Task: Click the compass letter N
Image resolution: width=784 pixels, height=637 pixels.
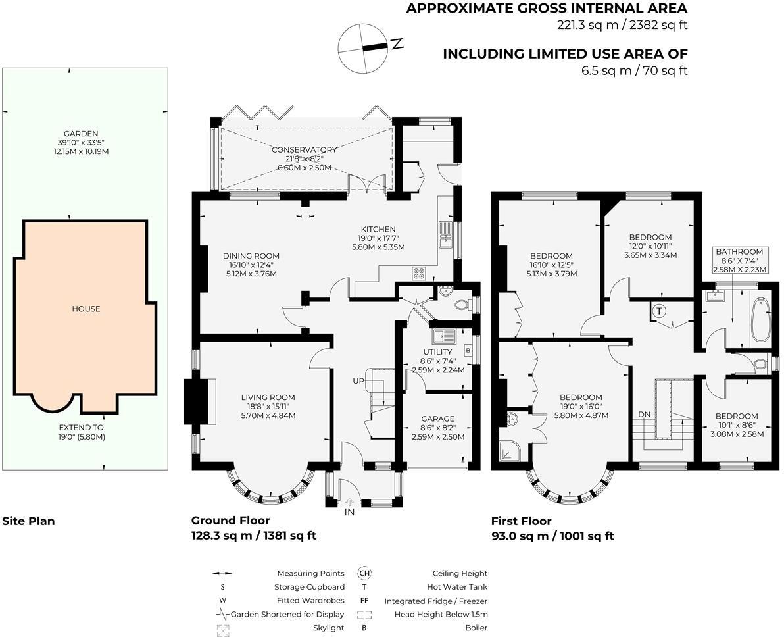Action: [397, 43]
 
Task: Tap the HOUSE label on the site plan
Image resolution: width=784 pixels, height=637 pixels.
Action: [86, 309]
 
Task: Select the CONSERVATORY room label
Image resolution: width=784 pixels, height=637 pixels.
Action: [304, 149]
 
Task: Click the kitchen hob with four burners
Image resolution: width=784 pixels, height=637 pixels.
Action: [419, 273]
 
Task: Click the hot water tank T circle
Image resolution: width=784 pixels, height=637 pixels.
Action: [659, 311]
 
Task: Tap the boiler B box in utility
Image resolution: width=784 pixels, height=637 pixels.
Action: [468, 350]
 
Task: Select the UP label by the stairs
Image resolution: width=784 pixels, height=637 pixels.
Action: [358, 381]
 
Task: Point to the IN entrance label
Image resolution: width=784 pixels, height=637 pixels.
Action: [349, 512]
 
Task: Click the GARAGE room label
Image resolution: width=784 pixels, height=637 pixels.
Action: [438, 419]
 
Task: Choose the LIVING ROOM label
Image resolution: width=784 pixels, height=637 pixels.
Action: [268, 398]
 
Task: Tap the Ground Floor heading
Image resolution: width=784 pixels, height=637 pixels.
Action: [230, 521]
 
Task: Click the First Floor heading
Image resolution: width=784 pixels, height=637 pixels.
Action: [521, 521]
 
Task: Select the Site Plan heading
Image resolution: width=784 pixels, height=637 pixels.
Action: [28, 521]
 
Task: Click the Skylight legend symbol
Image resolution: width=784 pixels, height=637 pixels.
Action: [223, 630]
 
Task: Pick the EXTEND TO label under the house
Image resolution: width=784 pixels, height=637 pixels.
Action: [81, 428]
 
